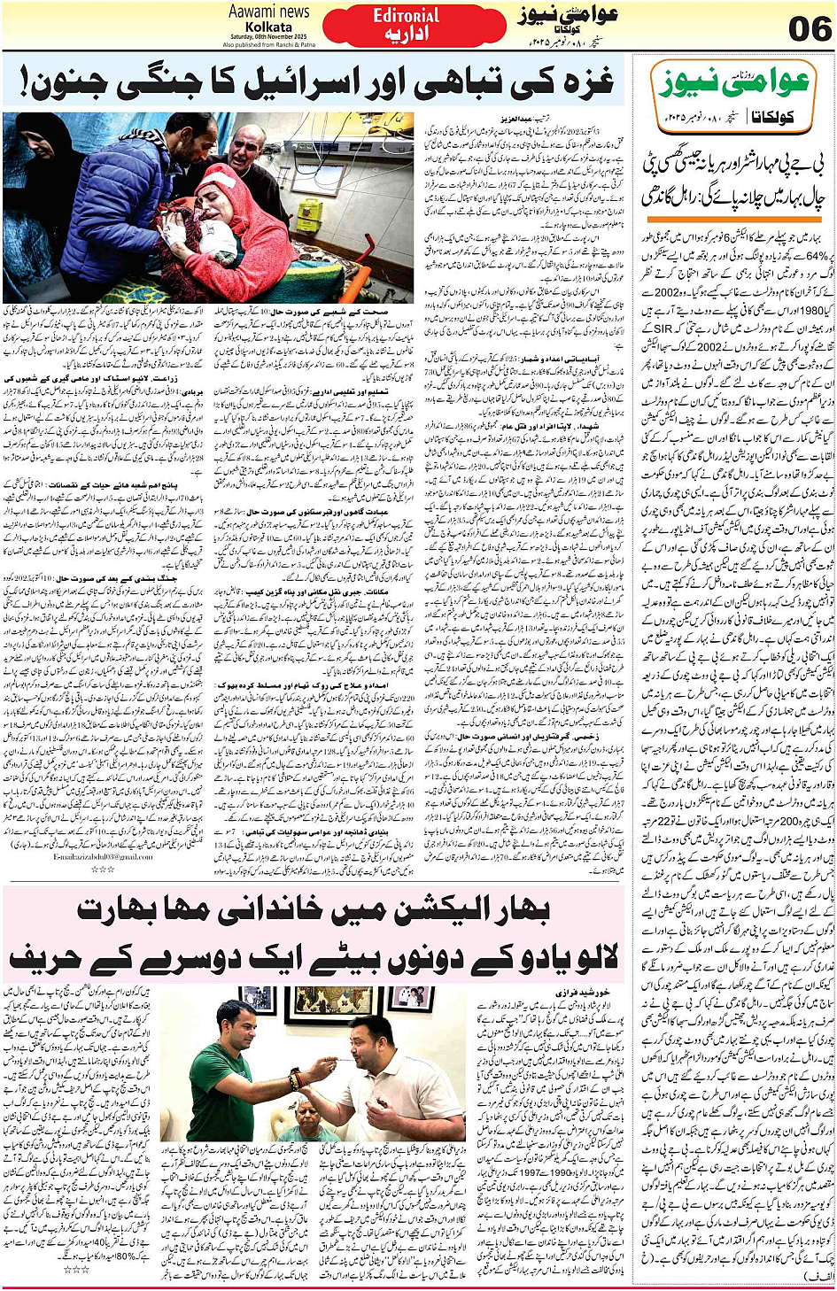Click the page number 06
[x=810, y=29]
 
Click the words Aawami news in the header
[x=268, y=12]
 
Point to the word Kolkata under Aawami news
[x=268, y=27]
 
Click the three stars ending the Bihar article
[x=81, y=1269]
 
